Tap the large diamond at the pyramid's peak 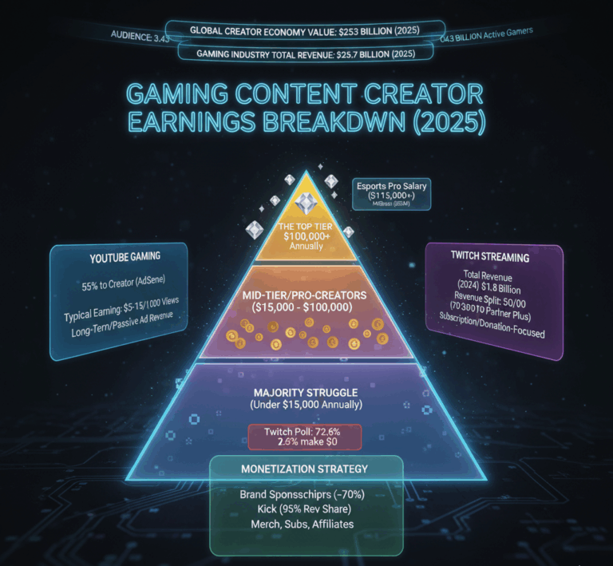tap(306, 204)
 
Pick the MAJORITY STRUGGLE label tap(306, 393)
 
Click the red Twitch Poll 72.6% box tap(305, 436)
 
